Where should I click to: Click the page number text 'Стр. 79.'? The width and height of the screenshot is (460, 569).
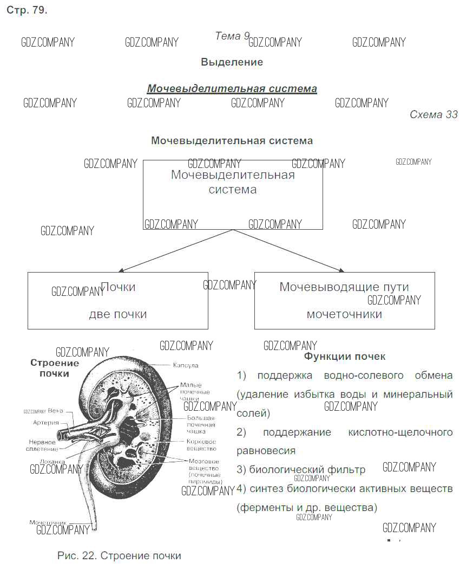27,11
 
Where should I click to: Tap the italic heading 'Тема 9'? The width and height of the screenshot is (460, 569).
232,36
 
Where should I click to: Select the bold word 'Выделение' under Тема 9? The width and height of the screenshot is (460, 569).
232,62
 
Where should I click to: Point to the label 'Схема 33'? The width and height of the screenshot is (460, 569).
433,114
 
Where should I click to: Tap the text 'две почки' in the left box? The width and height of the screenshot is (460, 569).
117,314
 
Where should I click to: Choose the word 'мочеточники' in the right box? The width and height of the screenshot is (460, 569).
344,314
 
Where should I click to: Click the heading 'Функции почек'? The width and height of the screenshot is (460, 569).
345,356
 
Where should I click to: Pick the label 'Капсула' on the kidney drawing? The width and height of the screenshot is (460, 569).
186,366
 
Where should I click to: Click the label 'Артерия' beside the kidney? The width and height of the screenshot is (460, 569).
45,422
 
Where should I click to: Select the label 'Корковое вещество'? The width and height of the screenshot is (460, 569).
201,445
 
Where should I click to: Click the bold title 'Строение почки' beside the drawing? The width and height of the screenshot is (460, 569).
54,368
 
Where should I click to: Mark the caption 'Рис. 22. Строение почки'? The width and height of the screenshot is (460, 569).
119,555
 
